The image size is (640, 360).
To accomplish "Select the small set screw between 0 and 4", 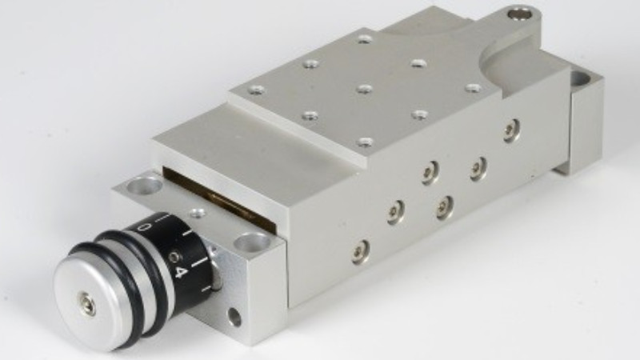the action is (175, 257).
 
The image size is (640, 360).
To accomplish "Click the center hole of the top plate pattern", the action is (365, 88).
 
